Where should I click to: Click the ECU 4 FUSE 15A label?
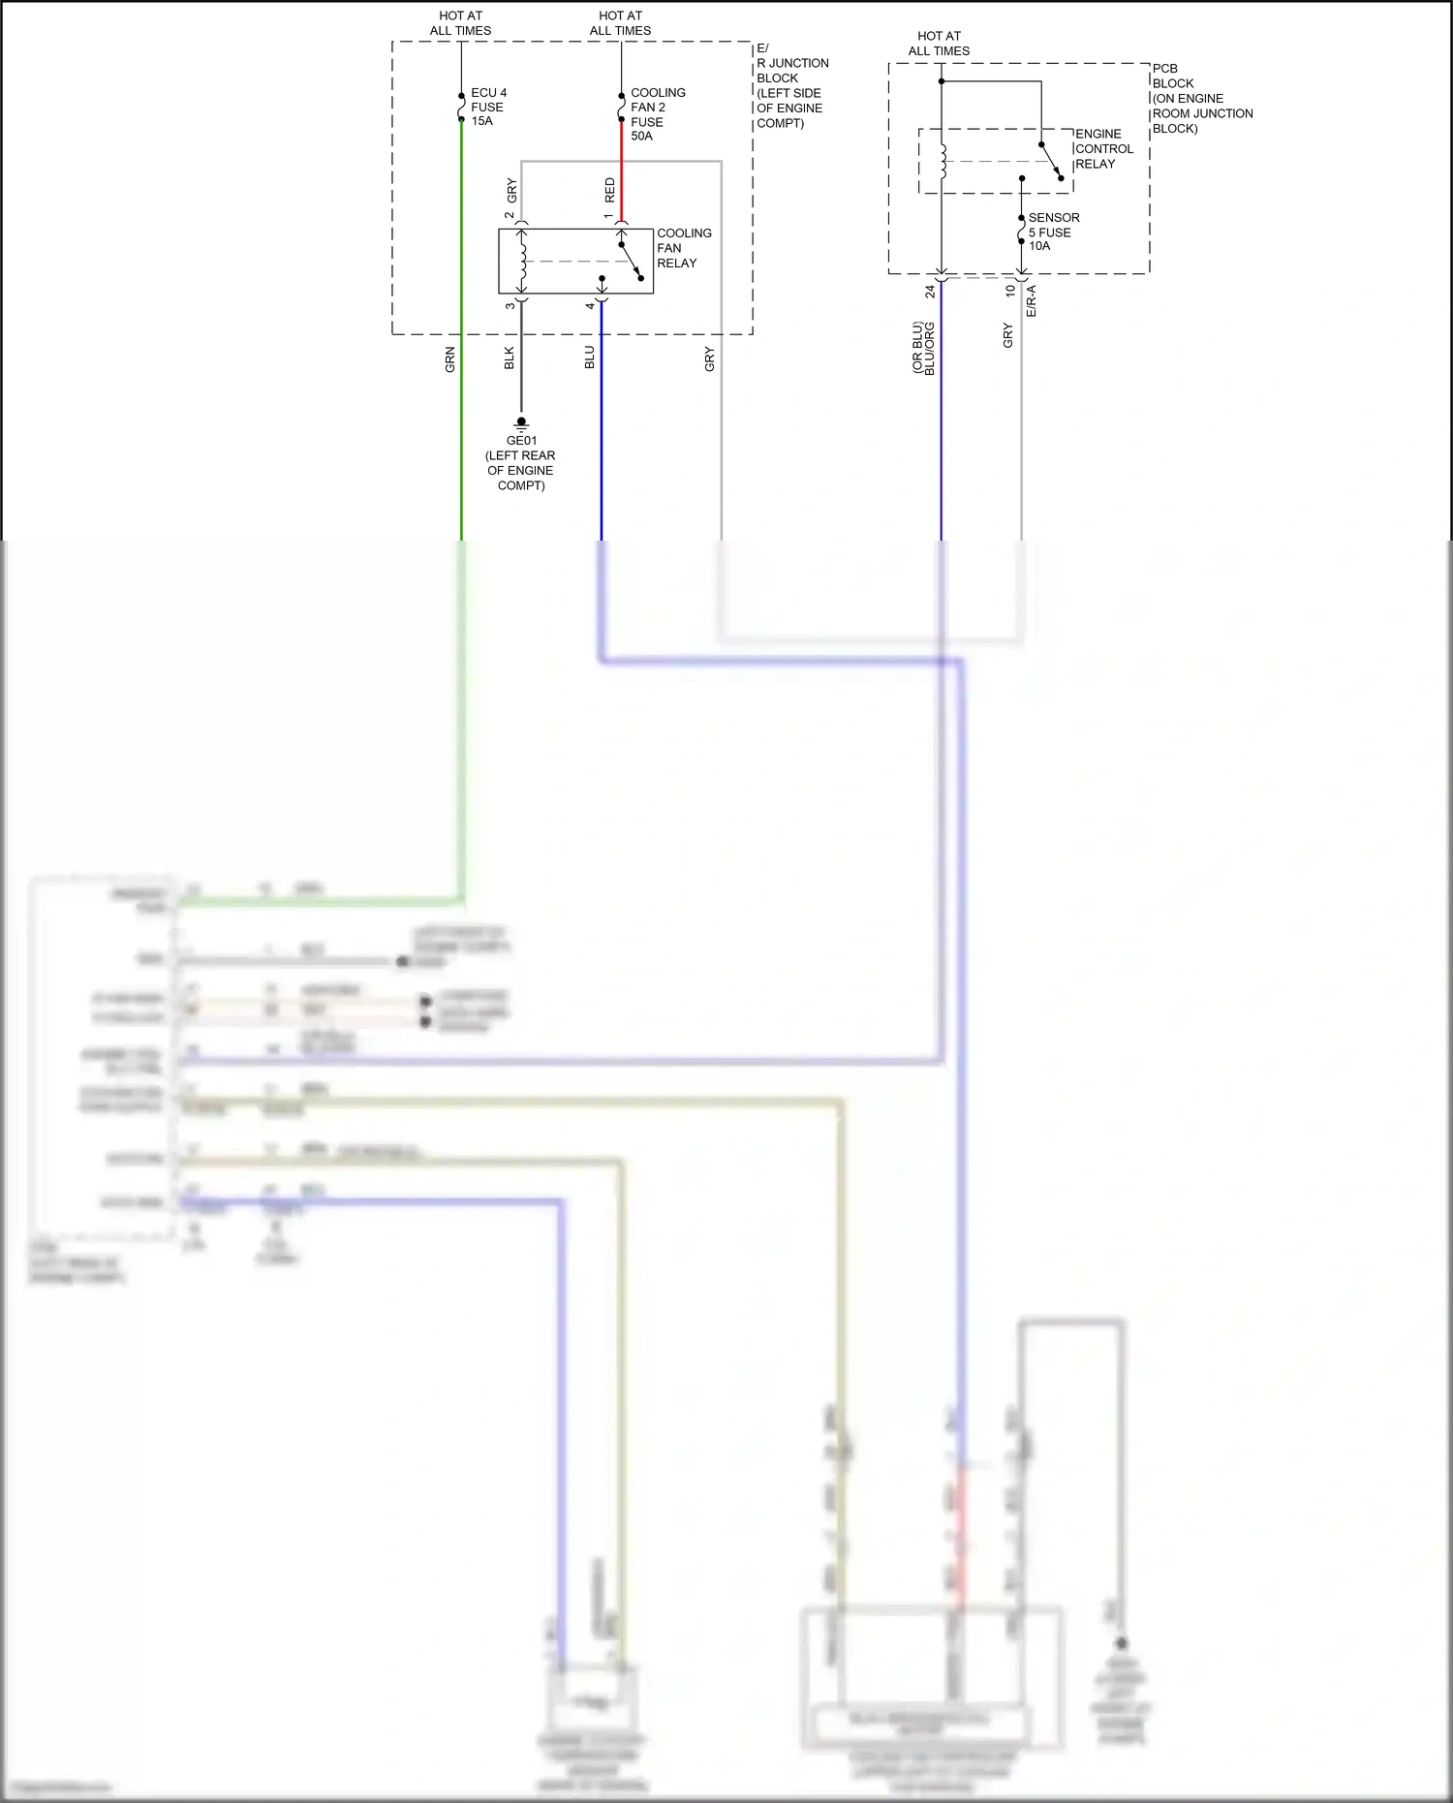pyautogui.click(x=488, y=107)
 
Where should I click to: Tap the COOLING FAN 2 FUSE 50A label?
pyautogui.click(x=657, y=114)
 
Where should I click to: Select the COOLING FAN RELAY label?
pyautogui.click(x=683, y=248)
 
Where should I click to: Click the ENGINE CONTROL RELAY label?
pyautogui.click(x=1102, y=149)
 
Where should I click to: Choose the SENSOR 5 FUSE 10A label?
pyautogui.click(x=1053, y=232)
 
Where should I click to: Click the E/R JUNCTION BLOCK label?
pyautogui.click(x=791, y=85)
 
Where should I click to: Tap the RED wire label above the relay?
pyautogui.click(x=609, y=189)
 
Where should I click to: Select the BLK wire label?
pyautogui.click(x=510, y=358)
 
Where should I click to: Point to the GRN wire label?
pyautogui.click(x=449, y=359)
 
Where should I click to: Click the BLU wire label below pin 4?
pyautogui.click(x=589, y=358)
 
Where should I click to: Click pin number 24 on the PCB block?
pyautogui.click(x=930, y=291)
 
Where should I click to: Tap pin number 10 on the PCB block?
pyautogui.click(x=1010, y=291)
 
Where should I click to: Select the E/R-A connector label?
pyautogui.click(x=1032, y=301)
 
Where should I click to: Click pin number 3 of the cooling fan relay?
pyautogui.click(x=510, y=306)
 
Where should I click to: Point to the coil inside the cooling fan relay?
pyautogui.click(x=523, y=261)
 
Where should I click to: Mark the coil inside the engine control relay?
pyautogui.click(x=943, y=161)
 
